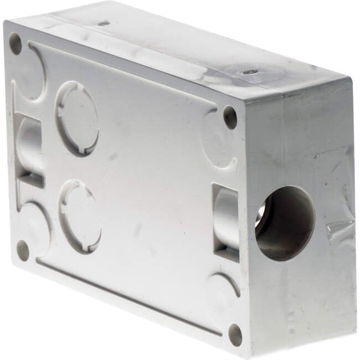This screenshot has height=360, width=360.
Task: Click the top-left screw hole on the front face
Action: (16, 43)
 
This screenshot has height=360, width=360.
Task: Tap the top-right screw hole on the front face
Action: (230, 117)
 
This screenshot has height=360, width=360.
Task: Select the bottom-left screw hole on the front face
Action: (23, 250)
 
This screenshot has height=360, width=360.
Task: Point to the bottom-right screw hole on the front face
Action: (235, 334)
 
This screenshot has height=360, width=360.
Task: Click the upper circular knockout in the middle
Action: (78, 118)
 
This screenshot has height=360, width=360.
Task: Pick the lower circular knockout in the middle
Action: (81, 216)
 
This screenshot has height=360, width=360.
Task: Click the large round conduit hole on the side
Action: (284, 223)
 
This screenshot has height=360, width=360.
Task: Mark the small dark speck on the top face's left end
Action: (104, 23)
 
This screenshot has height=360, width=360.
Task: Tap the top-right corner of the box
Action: (350, 80)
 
